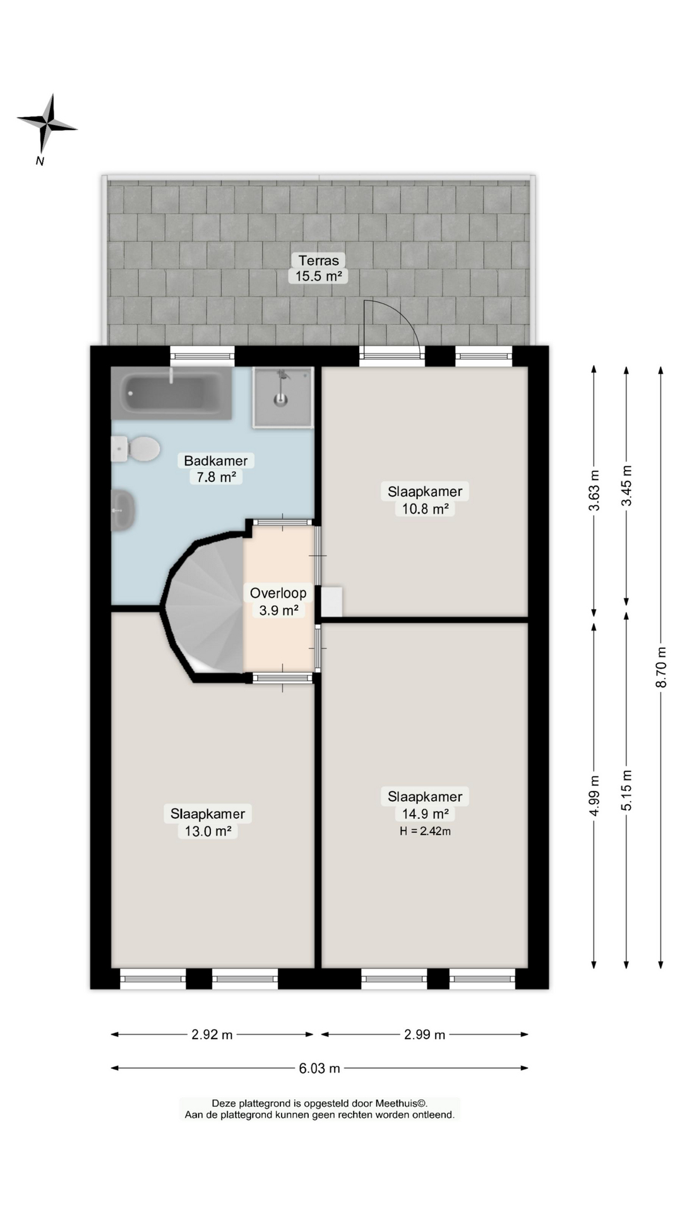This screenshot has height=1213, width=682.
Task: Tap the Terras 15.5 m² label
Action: click(x=319, y=268)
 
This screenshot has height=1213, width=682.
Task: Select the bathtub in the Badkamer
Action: click(x=171, y=393)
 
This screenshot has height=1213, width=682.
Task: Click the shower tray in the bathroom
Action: click(x=283, y=397)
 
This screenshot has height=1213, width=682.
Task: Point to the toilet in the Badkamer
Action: click(x=136, y=449)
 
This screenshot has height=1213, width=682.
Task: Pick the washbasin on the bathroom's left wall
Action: click(x=123, y=510)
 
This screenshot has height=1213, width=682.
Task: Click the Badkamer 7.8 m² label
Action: click(x=216, y=468)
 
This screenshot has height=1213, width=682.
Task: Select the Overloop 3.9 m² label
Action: click(x=278, y=601)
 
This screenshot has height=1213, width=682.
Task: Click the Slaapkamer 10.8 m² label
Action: click(x=425, y=500)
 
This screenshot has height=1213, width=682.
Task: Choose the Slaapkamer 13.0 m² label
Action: click(x=208, y=822)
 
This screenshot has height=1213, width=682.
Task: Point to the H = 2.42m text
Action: click(x=425, y=831)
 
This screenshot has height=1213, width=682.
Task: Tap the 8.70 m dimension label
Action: click(x=661, y=667)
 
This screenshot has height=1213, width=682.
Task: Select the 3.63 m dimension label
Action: click(x=594, y=490)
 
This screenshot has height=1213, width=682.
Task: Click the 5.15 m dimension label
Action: click(x=626, y=790)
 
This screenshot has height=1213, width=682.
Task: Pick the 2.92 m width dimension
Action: click(x=212, y=1034)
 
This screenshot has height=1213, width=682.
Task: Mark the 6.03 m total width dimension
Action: click(x=320, y=1068)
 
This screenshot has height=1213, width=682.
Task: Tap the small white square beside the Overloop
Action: click(x=332, y=602)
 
